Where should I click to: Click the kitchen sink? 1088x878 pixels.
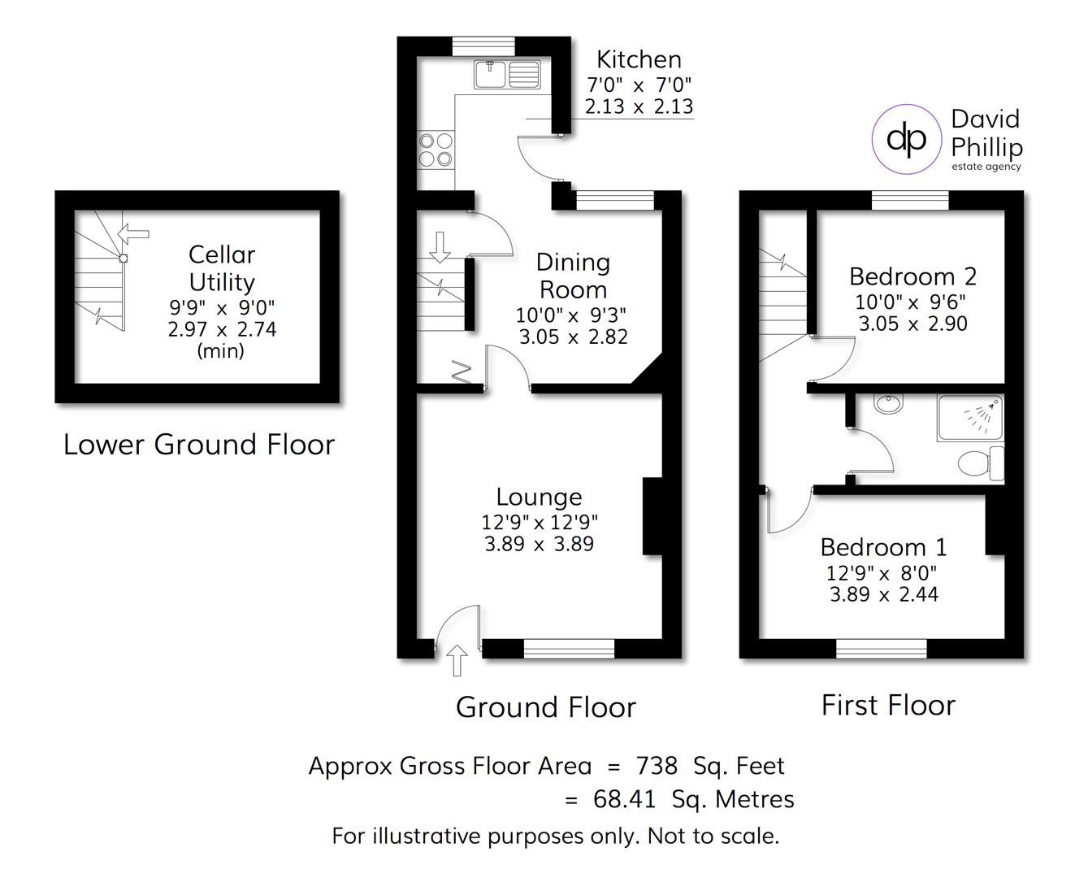[x=507, y=75]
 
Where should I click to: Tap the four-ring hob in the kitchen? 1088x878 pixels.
[x=436, y=150]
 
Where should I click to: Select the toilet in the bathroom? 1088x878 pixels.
[x=982, y=463]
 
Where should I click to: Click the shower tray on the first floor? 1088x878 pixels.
[x=970, y=418]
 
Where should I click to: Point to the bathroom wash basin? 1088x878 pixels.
[x=885, y=403]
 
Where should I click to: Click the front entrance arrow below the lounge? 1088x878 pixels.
[x=457, y=659]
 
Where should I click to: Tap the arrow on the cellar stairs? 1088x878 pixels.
[x=134, y=233]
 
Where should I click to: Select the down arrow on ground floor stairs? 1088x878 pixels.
[x=440, y=246]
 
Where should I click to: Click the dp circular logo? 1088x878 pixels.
[x=906, y=139]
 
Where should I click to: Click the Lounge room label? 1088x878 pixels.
[x=539, y=497]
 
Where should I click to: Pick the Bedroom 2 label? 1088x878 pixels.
[x=912, y=276]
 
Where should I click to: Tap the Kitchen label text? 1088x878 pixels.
[x=639, y=59]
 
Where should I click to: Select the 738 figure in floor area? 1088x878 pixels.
[x=657, y=766]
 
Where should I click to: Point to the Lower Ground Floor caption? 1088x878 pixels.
[x=199, y=445]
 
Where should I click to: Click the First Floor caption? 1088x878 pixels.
[x=888, y=705]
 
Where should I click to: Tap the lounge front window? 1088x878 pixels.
[x=569, y=648]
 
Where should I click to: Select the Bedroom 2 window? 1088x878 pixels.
[x=910, y=200]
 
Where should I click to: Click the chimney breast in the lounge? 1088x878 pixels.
[x=652, y=516]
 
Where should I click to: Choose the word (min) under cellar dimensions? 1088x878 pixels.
[x=221, y=351]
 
